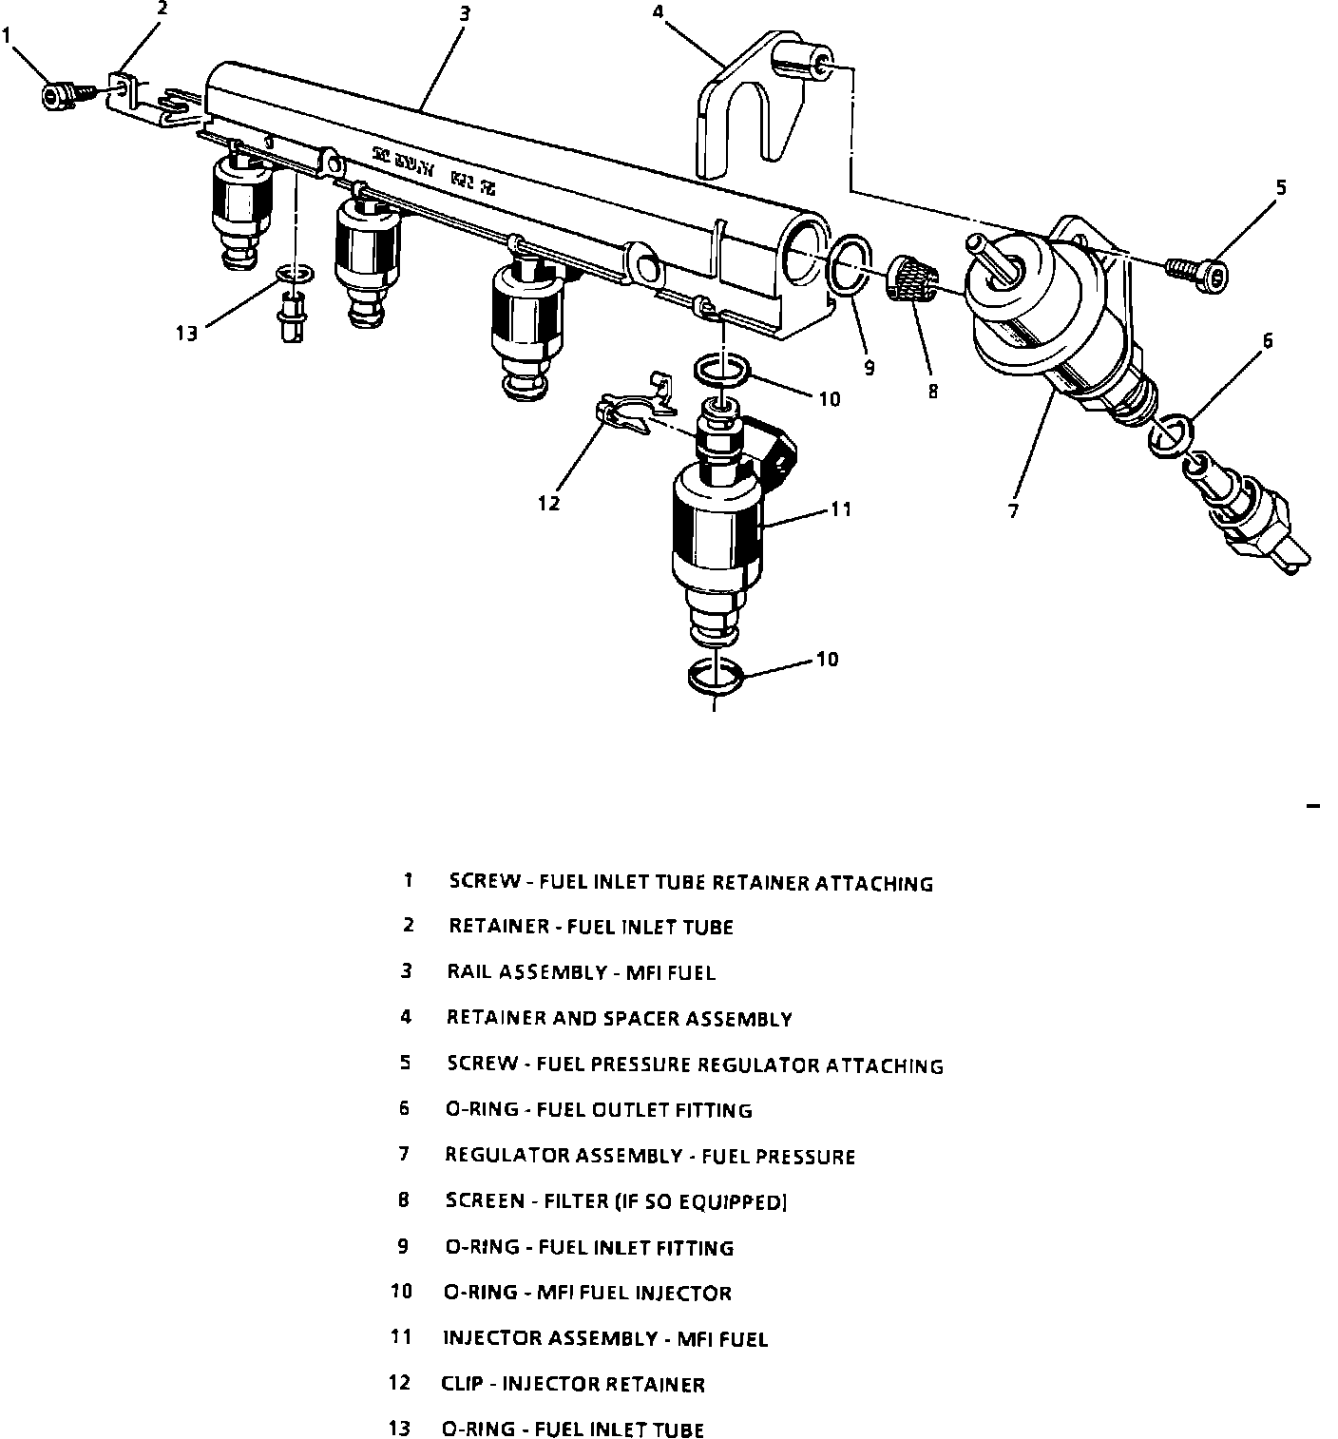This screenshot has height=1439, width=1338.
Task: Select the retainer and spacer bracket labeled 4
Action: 751,105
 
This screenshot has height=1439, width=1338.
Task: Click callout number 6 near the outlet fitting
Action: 1267,339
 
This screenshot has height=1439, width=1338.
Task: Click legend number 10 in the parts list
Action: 401,1292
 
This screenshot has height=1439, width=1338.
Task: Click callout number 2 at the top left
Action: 162,9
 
